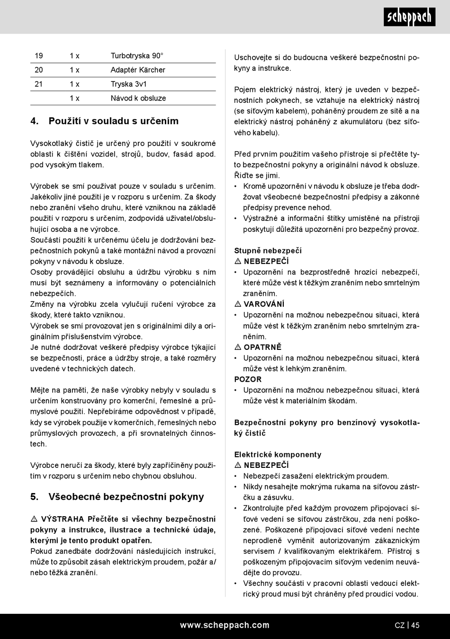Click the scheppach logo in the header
[409, 18]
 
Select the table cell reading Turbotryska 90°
[137, 56]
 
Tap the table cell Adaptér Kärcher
[138, 70]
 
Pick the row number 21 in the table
[39, 84]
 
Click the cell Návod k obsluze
[138, 99]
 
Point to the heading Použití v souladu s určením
[113, 121]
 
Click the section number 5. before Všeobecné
[35, 497]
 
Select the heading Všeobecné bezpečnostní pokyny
[126, 497]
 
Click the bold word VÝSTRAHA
[63, 519]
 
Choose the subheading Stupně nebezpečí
[268, 251]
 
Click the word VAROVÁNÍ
[264, 304]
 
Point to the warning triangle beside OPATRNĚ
[238, 347]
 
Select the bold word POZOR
[248, 379]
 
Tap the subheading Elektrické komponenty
[278, 455]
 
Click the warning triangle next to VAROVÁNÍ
[238, 304]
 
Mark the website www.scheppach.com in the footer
[225, 625]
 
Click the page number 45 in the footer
[415, 625]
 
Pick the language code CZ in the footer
[399, 625]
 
